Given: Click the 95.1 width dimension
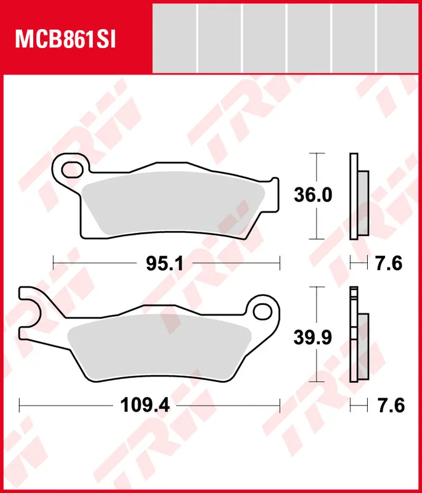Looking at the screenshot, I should pos(165,264).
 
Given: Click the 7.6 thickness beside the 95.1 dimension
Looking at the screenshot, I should pos(388,264).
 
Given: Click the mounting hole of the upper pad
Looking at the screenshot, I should pos(73,168).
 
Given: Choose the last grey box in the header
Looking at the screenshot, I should pos(398,37).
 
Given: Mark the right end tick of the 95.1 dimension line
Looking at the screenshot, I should pos(280,264).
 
